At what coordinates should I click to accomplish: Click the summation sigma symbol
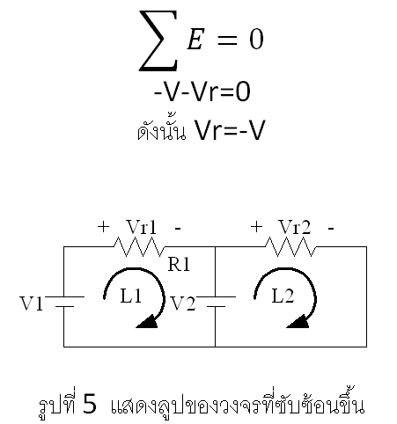point(158,40)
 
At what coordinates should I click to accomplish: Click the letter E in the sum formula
point(195,39)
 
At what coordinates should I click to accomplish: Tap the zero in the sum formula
point(256,40)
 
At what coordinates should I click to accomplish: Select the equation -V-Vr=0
point(202,91)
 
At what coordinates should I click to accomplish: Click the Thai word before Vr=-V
point(162,131)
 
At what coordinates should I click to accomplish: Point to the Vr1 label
point(142,227)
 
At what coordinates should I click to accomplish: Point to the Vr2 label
point(295,227)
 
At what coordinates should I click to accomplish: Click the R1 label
point(179,264)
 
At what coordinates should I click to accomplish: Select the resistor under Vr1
point(139,246)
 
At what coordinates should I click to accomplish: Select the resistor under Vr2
point(291,246)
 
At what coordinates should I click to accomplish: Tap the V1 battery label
point(32,303)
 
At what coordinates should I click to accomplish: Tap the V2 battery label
point(183,303)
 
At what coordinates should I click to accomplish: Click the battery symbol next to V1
point(64,302)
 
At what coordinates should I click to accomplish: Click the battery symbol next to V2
point(216,302)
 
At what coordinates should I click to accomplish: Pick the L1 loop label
point(131,296)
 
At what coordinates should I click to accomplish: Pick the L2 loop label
point(283,296)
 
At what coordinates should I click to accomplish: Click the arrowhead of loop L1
point(147,322)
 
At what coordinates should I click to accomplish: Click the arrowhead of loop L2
point(298,322)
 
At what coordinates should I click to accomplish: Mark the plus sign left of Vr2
point(256,227)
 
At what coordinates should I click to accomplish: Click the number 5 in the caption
point(90,404)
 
